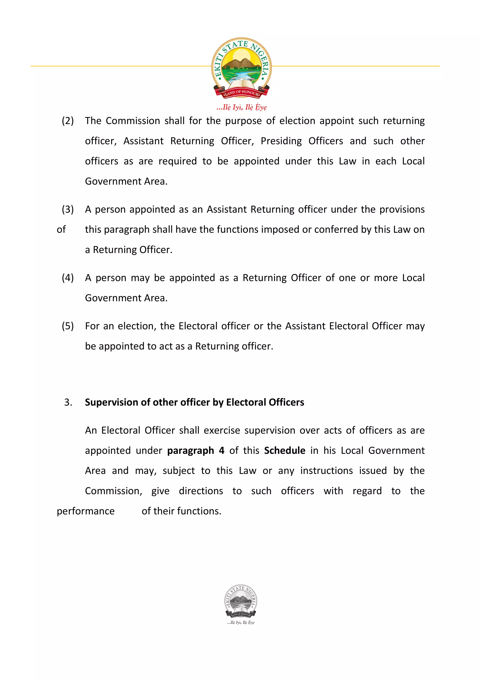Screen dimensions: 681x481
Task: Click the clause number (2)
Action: pyautogui.click(x=68, y=121)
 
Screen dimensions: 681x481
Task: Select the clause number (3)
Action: pyautogui.click(x=68, y=210)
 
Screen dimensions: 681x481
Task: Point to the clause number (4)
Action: pyautogui.click(x=68, y=278)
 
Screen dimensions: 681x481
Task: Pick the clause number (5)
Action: pyautogui.click(x=68, y=326)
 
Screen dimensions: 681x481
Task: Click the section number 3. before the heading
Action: pyautogui.click(x=68, y=403)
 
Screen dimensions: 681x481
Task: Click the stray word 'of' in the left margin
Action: pyautogui.click(x=61, y=230)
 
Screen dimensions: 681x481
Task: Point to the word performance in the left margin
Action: pyautogui.click(x=86, y=511)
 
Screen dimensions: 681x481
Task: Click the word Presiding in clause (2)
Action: pyautogui.click(x=281, y=141)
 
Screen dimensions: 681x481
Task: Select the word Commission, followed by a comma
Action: pyautogui.click(x=113, y=491)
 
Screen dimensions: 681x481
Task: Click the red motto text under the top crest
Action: pyautogui.click(x=241, y=107)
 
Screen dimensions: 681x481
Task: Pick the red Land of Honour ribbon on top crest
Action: pyautogui.click(x=241, y=93)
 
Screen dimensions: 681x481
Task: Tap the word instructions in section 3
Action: pyautogui.click(x=326, y=471)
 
